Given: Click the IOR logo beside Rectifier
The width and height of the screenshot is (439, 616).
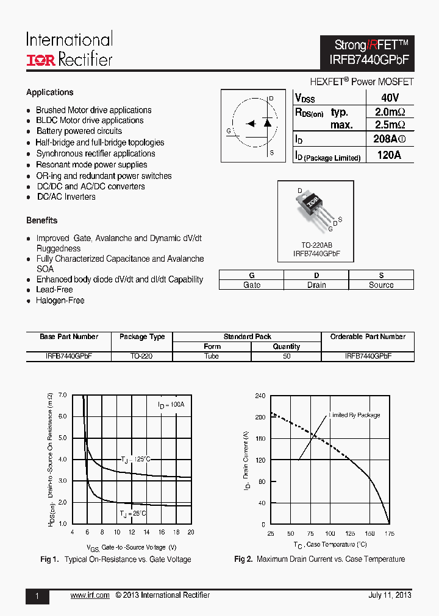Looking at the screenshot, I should pyautogui.click(x=40, y=60).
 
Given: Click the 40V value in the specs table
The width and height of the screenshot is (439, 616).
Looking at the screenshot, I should pyautogui.click(x=390, y=98).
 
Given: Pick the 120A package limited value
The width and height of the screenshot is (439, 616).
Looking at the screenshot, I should pyautogui.click(x=390, y=155).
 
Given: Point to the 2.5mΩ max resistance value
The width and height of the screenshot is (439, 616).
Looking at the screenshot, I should pyautogui.click(x=390, y=125).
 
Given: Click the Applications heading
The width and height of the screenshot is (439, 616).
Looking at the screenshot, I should pyautogui.click(x=50, y=93).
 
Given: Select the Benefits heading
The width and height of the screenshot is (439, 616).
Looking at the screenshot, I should pyautogui.click(x=42, y=220).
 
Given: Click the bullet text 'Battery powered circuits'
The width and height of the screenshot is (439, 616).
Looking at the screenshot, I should pyautogui.click(x=79, y=131).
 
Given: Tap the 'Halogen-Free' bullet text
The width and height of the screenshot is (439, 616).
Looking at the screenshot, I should pyautogui.click(x=60, y=301).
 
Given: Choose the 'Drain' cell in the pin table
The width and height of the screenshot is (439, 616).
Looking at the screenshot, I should pyautogui.click(x=316, y=285).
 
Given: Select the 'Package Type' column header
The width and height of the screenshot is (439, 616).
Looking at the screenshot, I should pyautogui.click(x=142, y=337).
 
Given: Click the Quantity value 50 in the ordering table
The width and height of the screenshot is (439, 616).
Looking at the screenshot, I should pyautogui.click(x=287, y=356).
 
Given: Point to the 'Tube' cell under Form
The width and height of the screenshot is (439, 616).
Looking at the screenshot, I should pyautogui.click(x=212, y=356).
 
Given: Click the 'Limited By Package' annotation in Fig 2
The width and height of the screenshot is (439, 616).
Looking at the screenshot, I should pyautogui.click(x=354, y=415).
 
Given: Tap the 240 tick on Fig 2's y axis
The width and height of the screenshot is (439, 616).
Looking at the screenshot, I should pyautogui.click(x=260, y=396).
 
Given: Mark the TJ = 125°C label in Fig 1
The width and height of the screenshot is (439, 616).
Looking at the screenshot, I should pyautogui.click(x=135, y=460).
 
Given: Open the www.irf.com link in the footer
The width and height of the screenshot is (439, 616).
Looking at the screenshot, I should pyautogui.click(x=90, y=595).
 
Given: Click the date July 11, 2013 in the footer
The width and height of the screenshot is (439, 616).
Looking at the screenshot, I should pyautogui.click(x=390, y=595).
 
